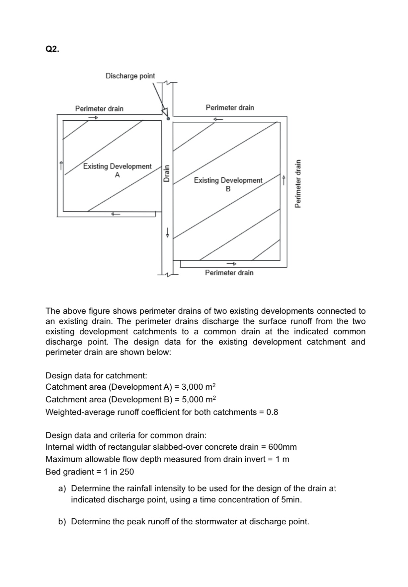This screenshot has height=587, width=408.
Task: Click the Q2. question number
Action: click(x=52, y=49)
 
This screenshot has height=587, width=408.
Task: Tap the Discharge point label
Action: click(x=130, y=76)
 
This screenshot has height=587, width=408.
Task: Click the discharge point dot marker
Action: click(x=168, y=118)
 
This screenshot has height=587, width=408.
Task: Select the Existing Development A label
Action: click(x=117, y=170)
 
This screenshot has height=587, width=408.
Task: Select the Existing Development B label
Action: click(x=228, y=184)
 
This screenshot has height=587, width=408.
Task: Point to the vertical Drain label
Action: click(x=167, y=173)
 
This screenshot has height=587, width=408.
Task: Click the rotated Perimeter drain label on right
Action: click(x=298, y=183)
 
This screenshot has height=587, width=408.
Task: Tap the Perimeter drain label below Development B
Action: click(x=229, y=273)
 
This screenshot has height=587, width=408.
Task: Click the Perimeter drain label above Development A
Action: click(x=99, y=109)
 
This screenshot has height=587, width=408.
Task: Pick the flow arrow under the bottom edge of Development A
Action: click(x=115, y=214)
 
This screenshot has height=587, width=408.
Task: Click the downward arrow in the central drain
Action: click(x=168, y=232)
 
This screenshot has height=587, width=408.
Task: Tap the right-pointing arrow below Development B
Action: click(x=231, y=264)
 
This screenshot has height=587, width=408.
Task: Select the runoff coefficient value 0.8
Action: click(x=272, y=412)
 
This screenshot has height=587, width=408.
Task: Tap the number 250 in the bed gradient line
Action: click(x=127, y=472)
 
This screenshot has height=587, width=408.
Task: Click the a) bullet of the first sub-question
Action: click(x=62, y=489)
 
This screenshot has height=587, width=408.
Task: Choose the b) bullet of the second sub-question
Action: click(x=62, y=522)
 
